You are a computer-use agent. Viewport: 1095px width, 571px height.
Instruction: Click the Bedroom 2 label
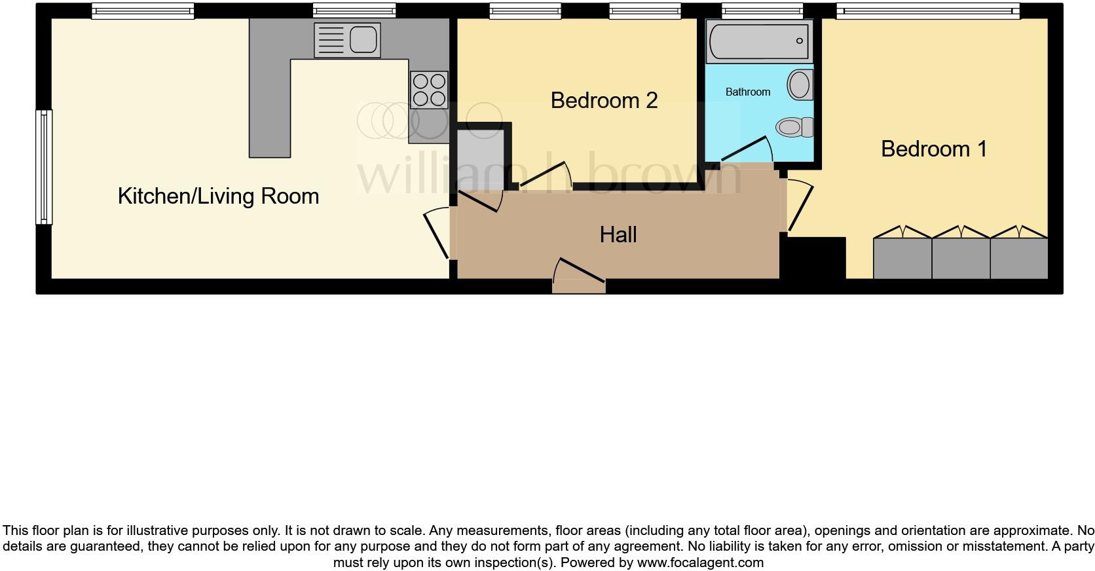(604, 100)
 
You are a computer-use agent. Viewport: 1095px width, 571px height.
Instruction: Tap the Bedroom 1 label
(933, 149)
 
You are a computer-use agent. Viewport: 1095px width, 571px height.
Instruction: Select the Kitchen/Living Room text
(218, 196)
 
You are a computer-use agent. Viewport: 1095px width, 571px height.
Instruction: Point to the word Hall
(618, 234)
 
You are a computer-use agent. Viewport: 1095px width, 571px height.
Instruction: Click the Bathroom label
(747, 92)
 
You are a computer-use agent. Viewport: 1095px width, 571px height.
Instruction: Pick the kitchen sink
(347, 40)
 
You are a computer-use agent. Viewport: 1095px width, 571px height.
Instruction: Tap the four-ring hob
(429, 90)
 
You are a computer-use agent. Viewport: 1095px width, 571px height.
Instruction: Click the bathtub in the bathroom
(759, 41)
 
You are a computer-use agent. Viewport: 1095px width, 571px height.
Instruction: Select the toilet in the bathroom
(794, 126)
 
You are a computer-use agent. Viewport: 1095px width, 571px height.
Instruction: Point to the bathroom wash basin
(799, 85)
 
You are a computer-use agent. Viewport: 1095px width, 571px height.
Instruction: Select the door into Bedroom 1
(800, 207)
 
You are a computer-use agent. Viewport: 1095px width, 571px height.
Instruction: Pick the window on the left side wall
(44, 166)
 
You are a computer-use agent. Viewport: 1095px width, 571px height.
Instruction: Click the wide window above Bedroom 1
(927, 10)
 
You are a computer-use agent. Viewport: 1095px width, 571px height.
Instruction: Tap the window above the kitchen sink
(354, 10)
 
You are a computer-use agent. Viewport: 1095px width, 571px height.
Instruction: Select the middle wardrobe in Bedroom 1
(960, 257)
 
